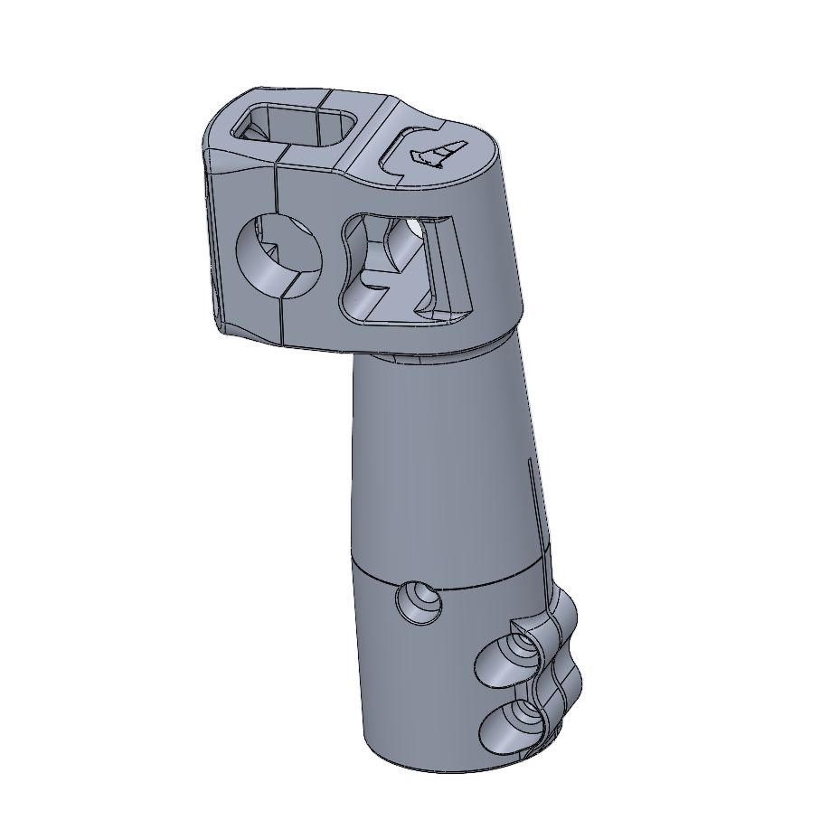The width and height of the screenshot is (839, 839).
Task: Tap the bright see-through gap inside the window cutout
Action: coord(413,223)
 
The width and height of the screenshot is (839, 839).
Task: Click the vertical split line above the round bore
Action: coord(275,190)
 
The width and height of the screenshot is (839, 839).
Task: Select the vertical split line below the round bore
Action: coord(283,321)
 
